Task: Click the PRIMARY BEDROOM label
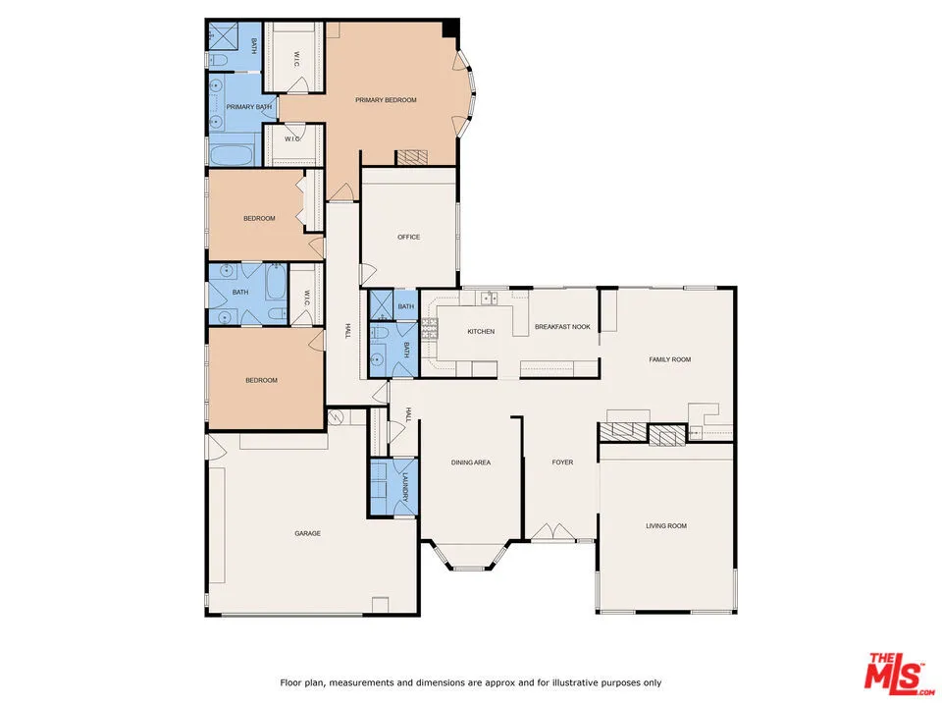pyautogui.click(x=386, y=100)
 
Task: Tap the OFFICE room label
pyautogui.click(x=408, y=237)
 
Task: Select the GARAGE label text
pyautogui.click(x=307, y=533)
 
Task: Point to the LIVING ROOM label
pyautogui.click(x=665, y=526)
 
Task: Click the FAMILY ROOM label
pyautogui.click(x=669, y=359)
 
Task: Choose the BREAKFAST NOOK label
pyautogui.click(x=561, y=326)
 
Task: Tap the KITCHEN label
pyautogui.click(x=480, y=332)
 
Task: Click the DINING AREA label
pyautogui.click(x=470, y=462)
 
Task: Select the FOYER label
pyautogui.click(x=561, y=462)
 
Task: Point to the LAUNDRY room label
pyautogui.click(x=405, y=485)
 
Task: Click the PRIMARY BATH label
pyautogui.click(x=248, y=107)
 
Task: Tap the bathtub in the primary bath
pyautogui.click(x=232, y=155)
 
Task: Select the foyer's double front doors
pyautogui.click(x=560, y=532)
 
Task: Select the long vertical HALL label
pyautogui.click(x=347, y=332)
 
